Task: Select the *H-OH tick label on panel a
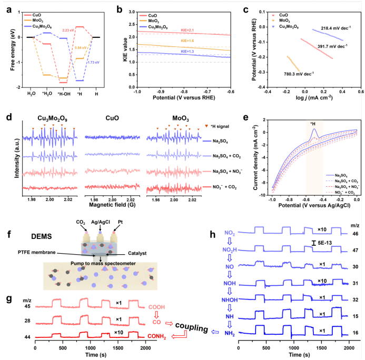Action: [64, 95]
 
